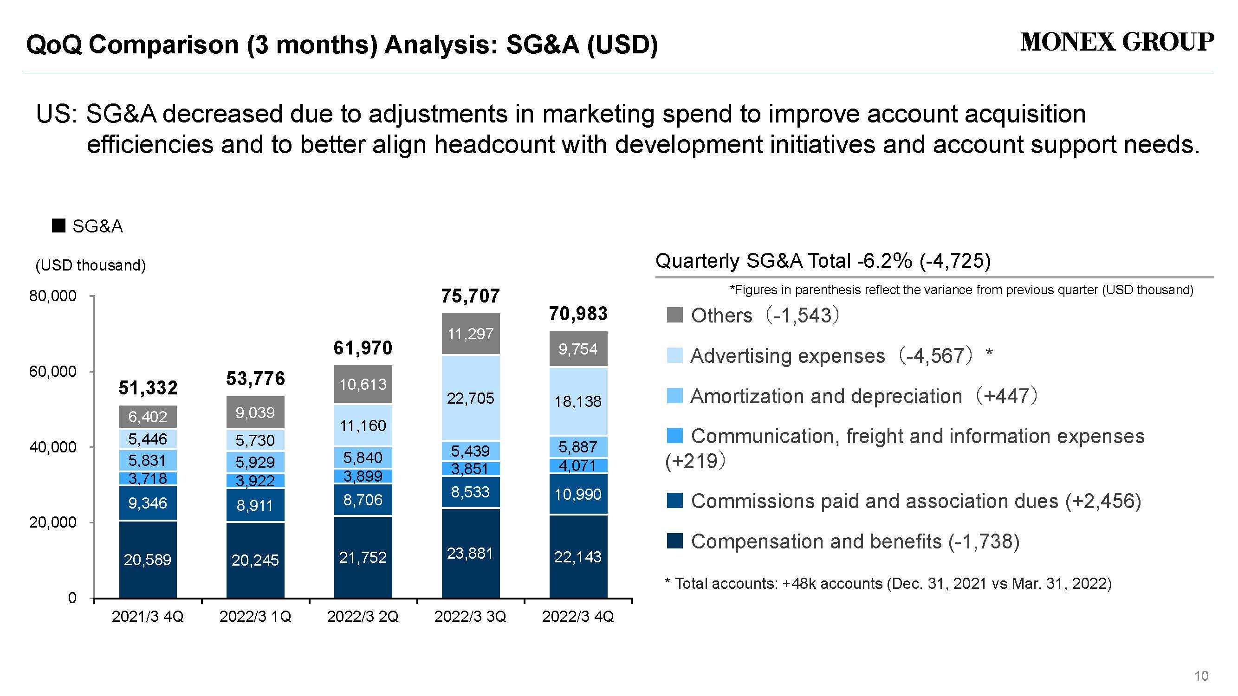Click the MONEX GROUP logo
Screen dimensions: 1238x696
1117,42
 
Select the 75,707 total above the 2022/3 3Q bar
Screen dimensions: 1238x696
471,296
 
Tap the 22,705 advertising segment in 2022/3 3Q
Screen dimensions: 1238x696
471,398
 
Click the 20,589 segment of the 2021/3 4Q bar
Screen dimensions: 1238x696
148,560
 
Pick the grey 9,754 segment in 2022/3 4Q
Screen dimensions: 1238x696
578,349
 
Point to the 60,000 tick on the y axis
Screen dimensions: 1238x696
52,371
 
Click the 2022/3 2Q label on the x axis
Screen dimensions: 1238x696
363,617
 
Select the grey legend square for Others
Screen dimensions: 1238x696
675,315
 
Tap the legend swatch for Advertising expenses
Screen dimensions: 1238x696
675,355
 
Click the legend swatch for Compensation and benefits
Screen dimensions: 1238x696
675,541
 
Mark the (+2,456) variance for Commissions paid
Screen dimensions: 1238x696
1103,501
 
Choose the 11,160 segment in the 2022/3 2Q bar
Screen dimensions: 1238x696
363,425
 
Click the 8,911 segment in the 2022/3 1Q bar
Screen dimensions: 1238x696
255,505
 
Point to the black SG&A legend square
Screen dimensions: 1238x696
58,226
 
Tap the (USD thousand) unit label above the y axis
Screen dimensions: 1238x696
91,265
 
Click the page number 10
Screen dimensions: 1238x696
1201,677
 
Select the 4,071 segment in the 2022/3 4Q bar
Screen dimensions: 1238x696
578,466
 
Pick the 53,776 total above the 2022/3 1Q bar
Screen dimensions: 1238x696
256,379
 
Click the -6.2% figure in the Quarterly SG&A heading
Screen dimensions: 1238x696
885,261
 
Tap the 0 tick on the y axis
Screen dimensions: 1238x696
72,598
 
